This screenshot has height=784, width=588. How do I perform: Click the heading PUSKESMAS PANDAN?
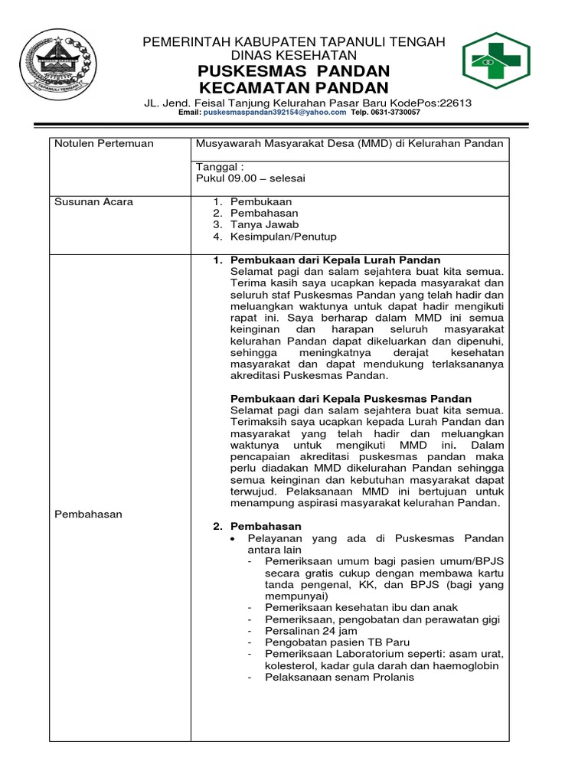pos(294,71)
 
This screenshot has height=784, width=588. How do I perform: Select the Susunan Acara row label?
pos(94,201)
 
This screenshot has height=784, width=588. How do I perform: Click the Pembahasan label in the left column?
pos(89,514)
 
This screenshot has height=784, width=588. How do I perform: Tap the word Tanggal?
pos(218,167)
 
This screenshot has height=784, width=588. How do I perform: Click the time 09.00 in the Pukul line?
pos(243,178)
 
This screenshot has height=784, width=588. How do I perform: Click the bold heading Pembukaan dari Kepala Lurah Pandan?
pos(335,260)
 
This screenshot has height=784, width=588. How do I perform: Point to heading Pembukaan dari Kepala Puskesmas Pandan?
pos(351,399)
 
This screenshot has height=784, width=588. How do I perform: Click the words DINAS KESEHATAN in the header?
pos(294,55)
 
